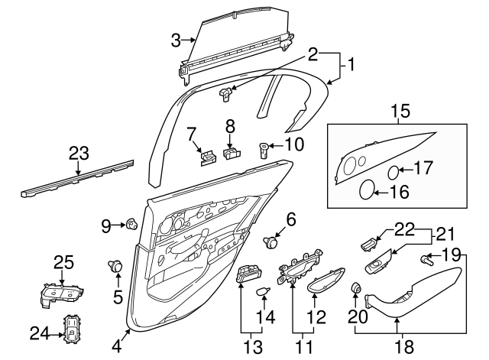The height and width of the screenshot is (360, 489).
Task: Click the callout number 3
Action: click(176, 40)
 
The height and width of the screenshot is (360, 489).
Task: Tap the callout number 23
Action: click(79, 153)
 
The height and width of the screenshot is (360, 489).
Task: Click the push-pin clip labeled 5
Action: click(116, 266)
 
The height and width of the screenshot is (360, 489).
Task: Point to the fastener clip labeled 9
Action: click(131, 224)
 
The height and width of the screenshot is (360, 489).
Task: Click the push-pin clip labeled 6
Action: click(270, 242)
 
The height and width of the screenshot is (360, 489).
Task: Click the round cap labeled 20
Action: click(355, 289)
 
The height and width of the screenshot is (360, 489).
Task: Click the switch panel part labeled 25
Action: click(61, 292)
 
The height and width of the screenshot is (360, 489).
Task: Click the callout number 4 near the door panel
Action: click(116, 345)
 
